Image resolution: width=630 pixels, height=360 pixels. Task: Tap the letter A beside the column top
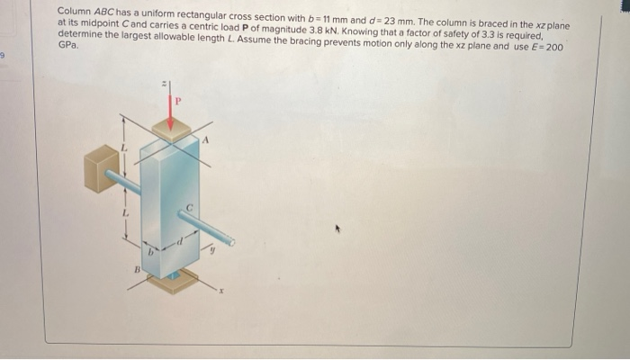205,139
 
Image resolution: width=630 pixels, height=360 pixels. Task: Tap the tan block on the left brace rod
100,167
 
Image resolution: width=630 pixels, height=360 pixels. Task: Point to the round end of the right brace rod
231,241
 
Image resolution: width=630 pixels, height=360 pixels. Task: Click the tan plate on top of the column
171,130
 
